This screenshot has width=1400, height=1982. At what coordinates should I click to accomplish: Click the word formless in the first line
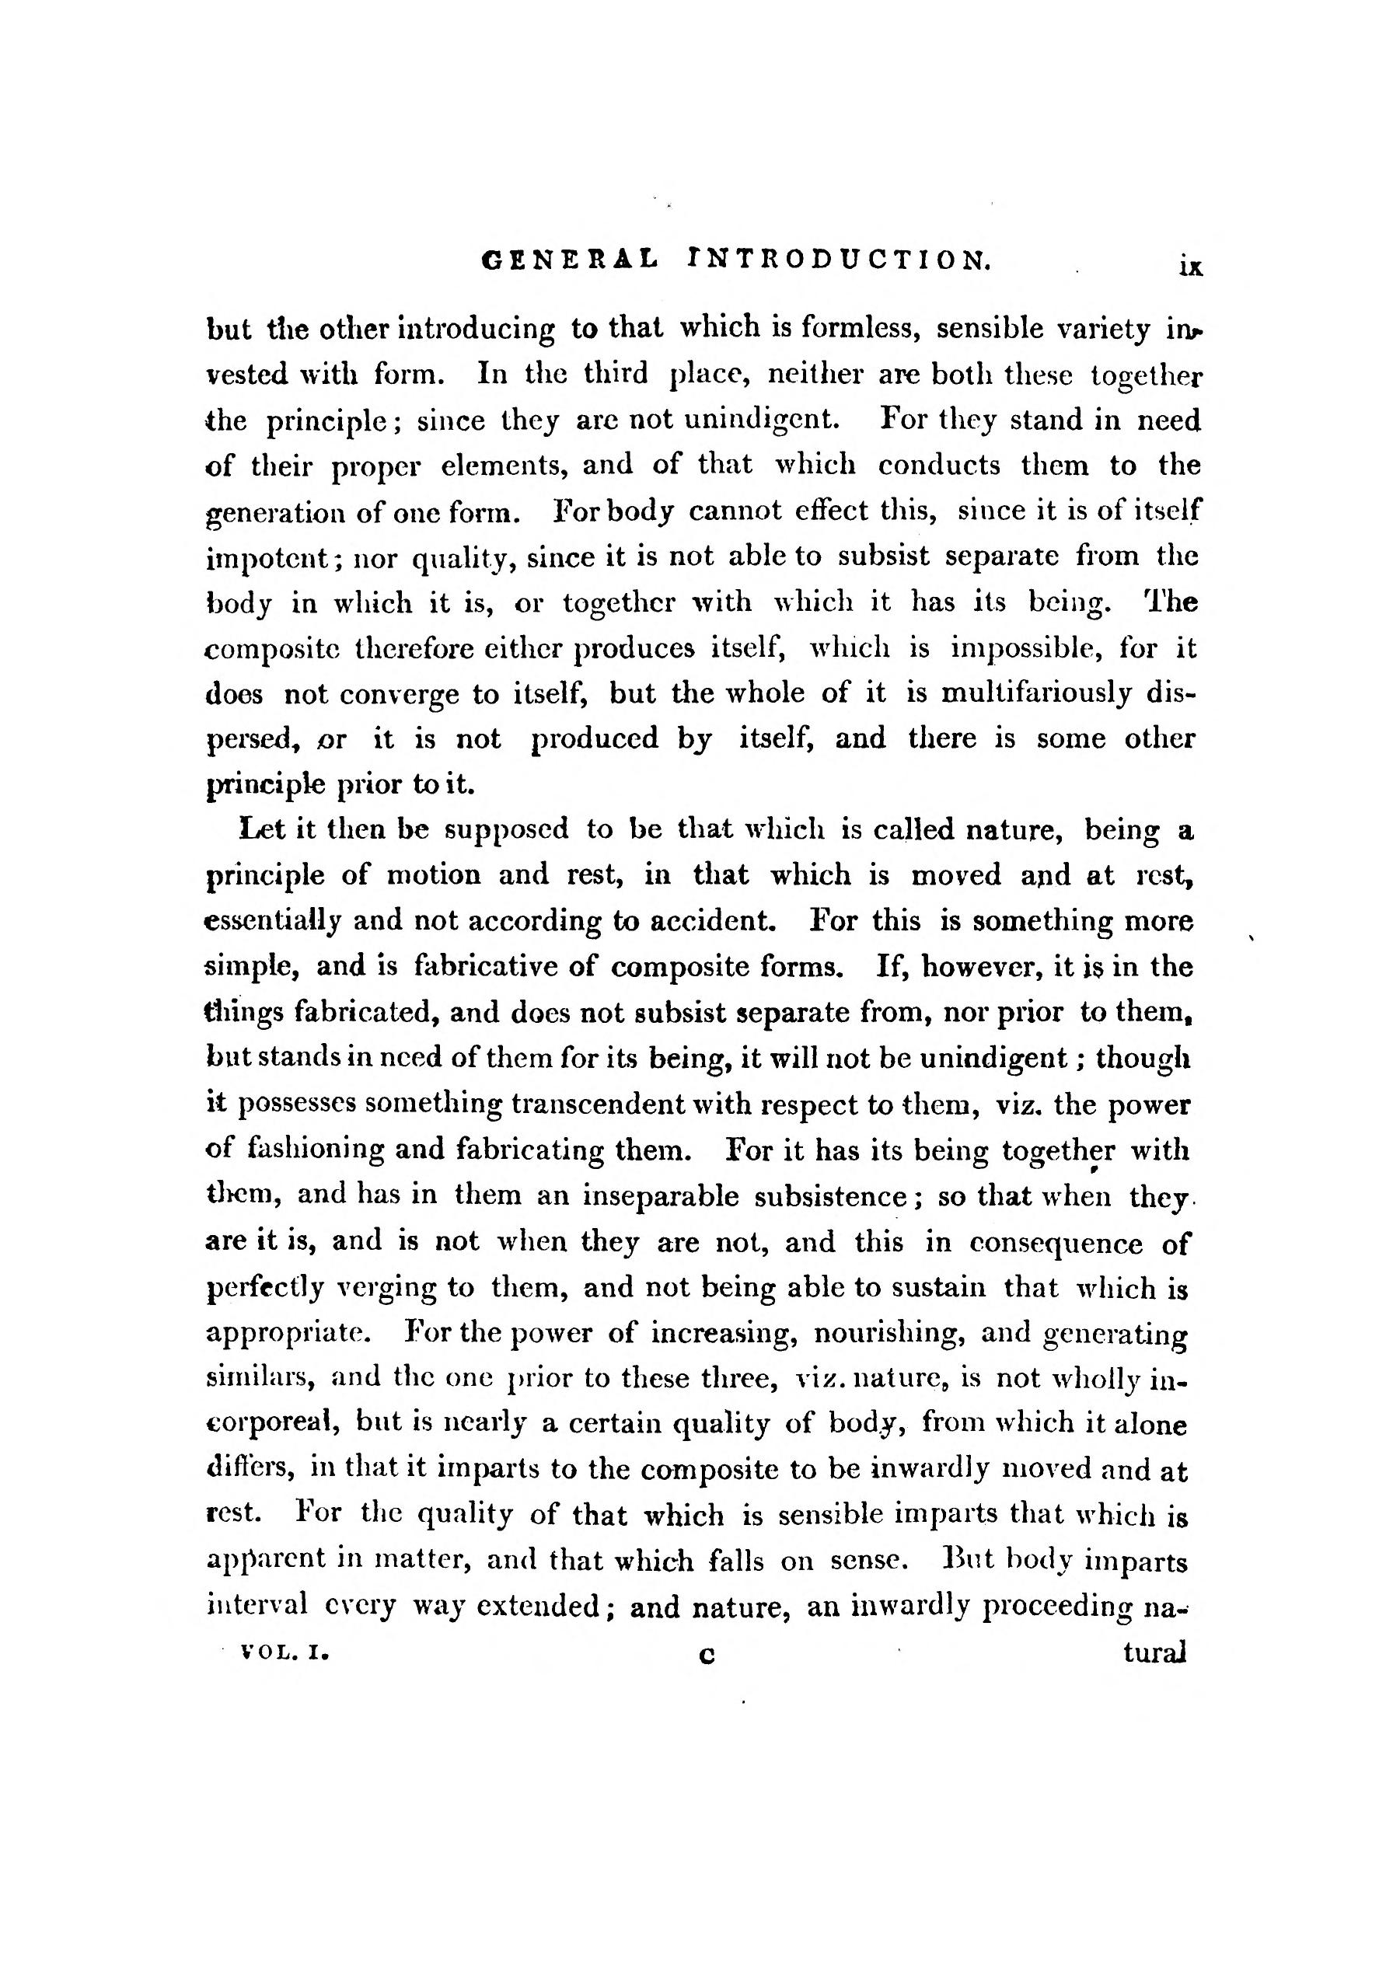tap(861, 328)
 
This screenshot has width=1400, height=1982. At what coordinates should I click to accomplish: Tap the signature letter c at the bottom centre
tap(707, 1656)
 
